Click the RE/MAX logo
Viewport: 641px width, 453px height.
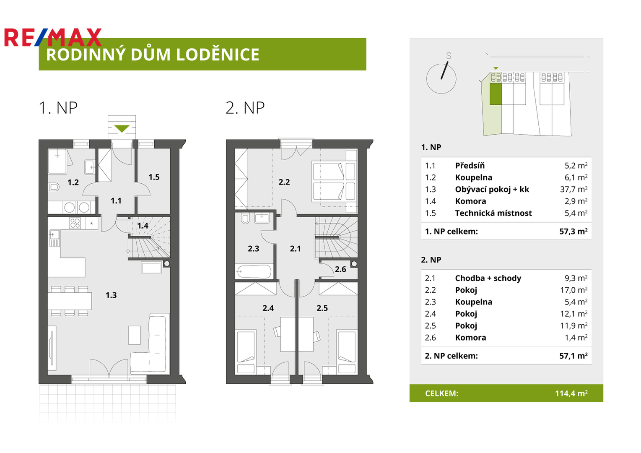53,37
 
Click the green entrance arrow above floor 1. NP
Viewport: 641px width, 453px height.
122,128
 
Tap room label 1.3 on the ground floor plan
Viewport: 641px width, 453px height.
112,295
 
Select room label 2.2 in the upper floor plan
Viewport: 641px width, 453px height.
284,182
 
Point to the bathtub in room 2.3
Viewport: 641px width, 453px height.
254,271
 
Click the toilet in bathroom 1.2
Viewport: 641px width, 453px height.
54,187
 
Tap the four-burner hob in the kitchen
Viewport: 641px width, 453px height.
75,223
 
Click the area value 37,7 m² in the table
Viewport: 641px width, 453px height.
574,189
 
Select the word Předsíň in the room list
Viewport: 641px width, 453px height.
470,166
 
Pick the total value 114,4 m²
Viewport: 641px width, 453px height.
571,393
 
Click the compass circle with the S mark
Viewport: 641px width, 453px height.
441,78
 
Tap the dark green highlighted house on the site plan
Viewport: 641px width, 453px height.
496,94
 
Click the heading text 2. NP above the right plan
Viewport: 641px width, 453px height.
245,108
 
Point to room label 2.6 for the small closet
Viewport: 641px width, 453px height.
340,269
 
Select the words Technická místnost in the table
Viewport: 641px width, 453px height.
493,213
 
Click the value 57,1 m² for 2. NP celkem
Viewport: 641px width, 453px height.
574,356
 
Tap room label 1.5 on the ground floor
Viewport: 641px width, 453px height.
154,177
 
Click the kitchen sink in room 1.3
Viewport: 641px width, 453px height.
54,238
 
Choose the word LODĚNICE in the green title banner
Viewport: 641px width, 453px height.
218,55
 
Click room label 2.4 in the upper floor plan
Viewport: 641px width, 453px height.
268,308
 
